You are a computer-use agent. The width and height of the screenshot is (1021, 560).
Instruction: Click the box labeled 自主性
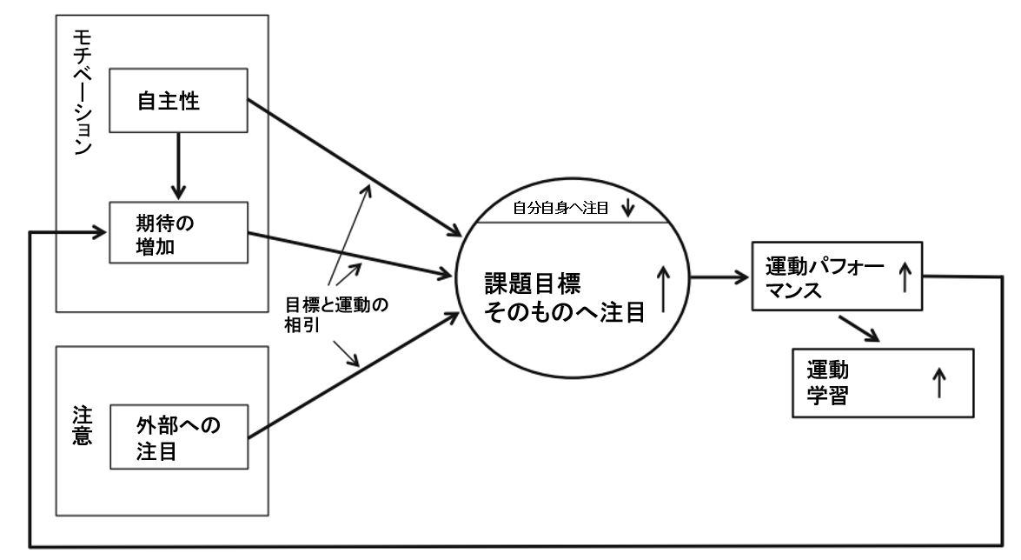(178, 102)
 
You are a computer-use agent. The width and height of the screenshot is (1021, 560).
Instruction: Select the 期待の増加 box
(178, 232)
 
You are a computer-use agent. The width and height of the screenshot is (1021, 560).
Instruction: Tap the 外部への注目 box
(178, 440)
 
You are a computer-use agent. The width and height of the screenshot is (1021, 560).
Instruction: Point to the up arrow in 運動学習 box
(938, 382)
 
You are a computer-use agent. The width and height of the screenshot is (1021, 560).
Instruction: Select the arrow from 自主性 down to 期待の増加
(178, 166)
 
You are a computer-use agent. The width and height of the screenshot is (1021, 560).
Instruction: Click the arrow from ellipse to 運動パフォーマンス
(719, 278)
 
